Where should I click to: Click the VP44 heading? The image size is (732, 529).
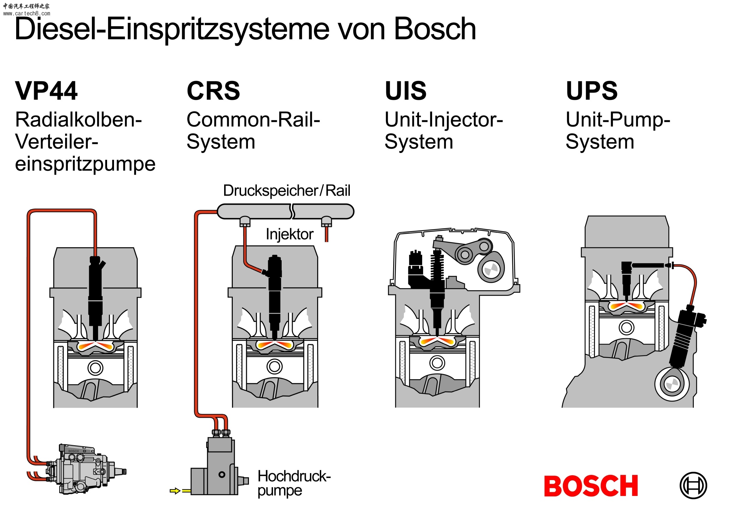pyautogui.click(x=46, y=91)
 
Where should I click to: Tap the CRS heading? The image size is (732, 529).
pyautogui.click(x=213, y=91)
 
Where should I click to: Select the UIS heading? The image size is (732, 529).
pyautogui.click(x=406, y=91)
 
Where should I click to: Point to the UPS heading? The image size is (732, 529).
pyautogui.click(x=592, y=91)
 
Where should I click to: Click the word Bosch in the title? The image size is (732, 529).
pyautogui.click(x=435, y=29)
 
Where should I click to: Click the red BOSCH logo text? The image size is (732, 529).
pyautogui.click(x=591, y=486)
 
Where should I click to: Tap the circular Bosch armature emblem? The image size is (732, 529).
pyautogui.click(x=693, y=485)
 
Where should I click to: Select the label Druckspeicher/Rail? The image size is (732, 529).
pyautogui.click(x=286, y=190)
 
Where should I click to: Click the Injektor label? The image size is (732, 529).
pyautogui.click(x=289, y=234)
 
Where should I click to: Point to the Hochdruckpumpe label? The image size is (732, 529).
pyautogui.click(x=293, y=483)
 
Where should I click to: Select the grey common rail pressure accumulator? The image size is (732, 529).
pyautogui.click(x=285, y=211)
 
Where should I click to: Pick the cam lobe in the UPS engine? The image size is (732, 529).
pyautogui.click(x=672, y=384)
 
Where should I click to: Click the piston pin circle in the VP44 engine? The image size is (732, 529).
pyautogui.click(x=95, y=368)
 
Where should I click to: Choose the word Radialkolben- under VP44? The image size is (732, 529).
pyautogui.click(x=79, y=120)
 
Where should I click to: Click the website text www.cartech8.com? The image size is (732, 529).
pyautogui.click(x=27, y=13)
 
